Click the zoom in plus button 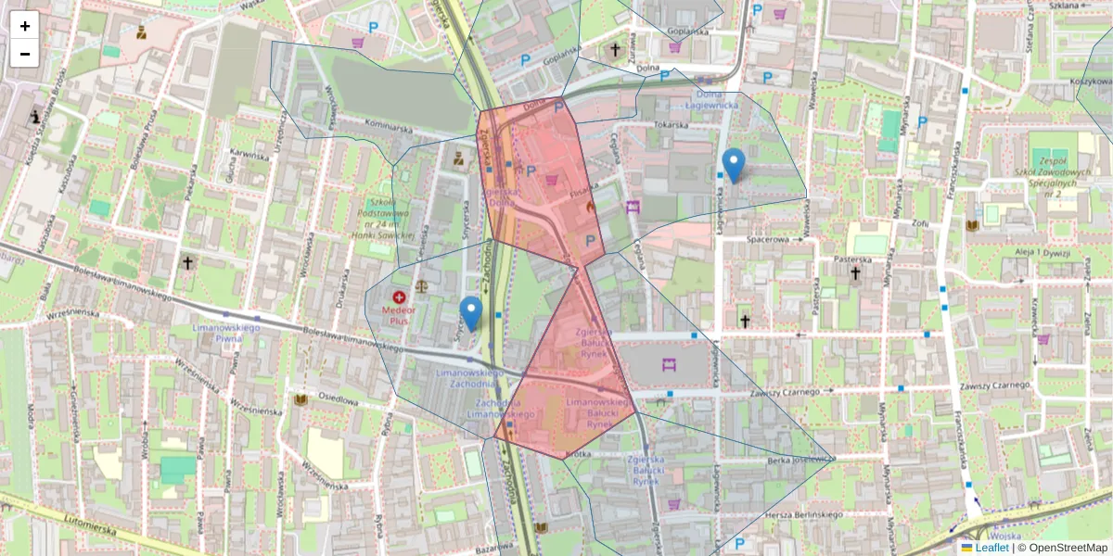pos(25,26)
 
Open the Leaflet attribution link pos(991,548)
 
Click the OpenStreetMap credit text pos(1068,548)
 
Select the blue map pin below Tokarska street pos(734,165)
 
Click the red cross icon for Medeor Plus pos(400,298)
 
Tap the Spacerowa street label pos(767,239)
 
